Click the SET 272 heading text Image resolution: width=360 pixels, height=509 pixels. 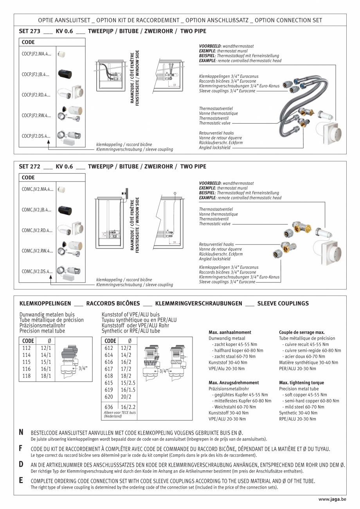click(x=30, y=166)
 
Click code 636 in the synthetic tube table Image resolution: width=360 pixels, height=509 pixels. click(x=109, y=407)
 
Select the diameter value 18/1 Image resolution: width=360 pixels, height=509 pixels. click(x=46, y=376)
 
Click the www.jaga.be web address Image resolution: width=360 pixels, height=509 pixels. click(x=332, y=499)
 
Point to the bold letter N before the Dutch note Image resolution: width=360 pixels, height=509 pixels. click(x=21, y=432)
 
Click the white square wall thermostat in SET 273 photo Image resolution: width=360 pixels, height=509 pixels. click(x=331, y=133)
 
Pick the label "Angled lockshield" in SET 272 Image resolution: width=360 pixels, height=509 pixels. click(x=215, y=259)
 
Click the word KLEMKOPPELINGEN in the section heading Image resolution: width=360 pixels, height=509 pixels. click(x=45, y=303)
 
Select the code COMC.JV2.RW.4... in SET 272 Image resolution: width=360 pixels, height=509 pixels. click(x=37, y=251)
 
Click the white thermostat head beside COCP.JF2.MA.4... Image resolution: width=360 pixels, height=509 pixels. click(x=61, y=54)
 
